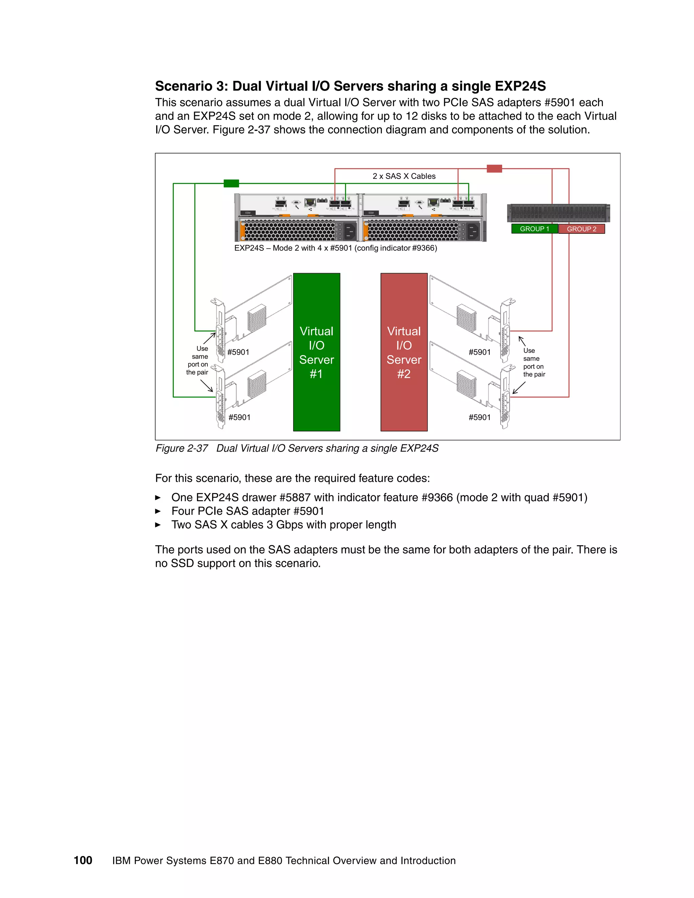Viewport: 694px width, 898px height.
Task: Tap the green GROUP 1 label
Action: tap(534, 229)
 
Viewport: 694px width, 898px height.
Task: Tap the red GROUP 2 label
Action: tap(581, 229)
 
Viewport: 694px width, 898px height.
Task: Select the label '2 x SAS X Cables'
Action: tap(404, 176)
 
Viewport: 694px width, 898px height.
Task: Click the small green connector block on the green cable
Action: tap(231, 183)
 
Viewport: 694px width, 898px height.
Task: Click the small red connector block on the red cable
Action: tap(494, 168)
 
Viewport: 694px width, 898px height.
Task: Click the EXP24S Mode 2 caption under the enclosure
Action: tap(335, 248)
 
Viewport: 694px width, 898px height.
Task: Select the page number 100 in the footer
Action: tap(83, 860)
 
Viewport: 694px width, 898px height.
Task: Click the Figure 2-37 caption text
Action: tap(297, 448)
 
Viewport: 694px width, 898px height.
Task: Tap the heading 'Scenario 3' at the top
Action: tap(350, 86)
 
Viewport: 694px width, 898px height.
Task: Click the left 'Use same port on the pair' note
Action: tap(198, 360)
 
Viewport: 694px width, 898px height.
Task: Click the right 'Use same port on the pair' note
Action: tap(533, 362)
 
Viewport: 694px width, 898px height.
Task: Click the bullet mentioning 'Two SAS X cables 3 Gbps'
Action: tap(284, 525)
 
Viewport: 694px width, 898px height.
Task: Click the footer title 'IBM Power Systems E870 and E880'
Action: tap(284, 861)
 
